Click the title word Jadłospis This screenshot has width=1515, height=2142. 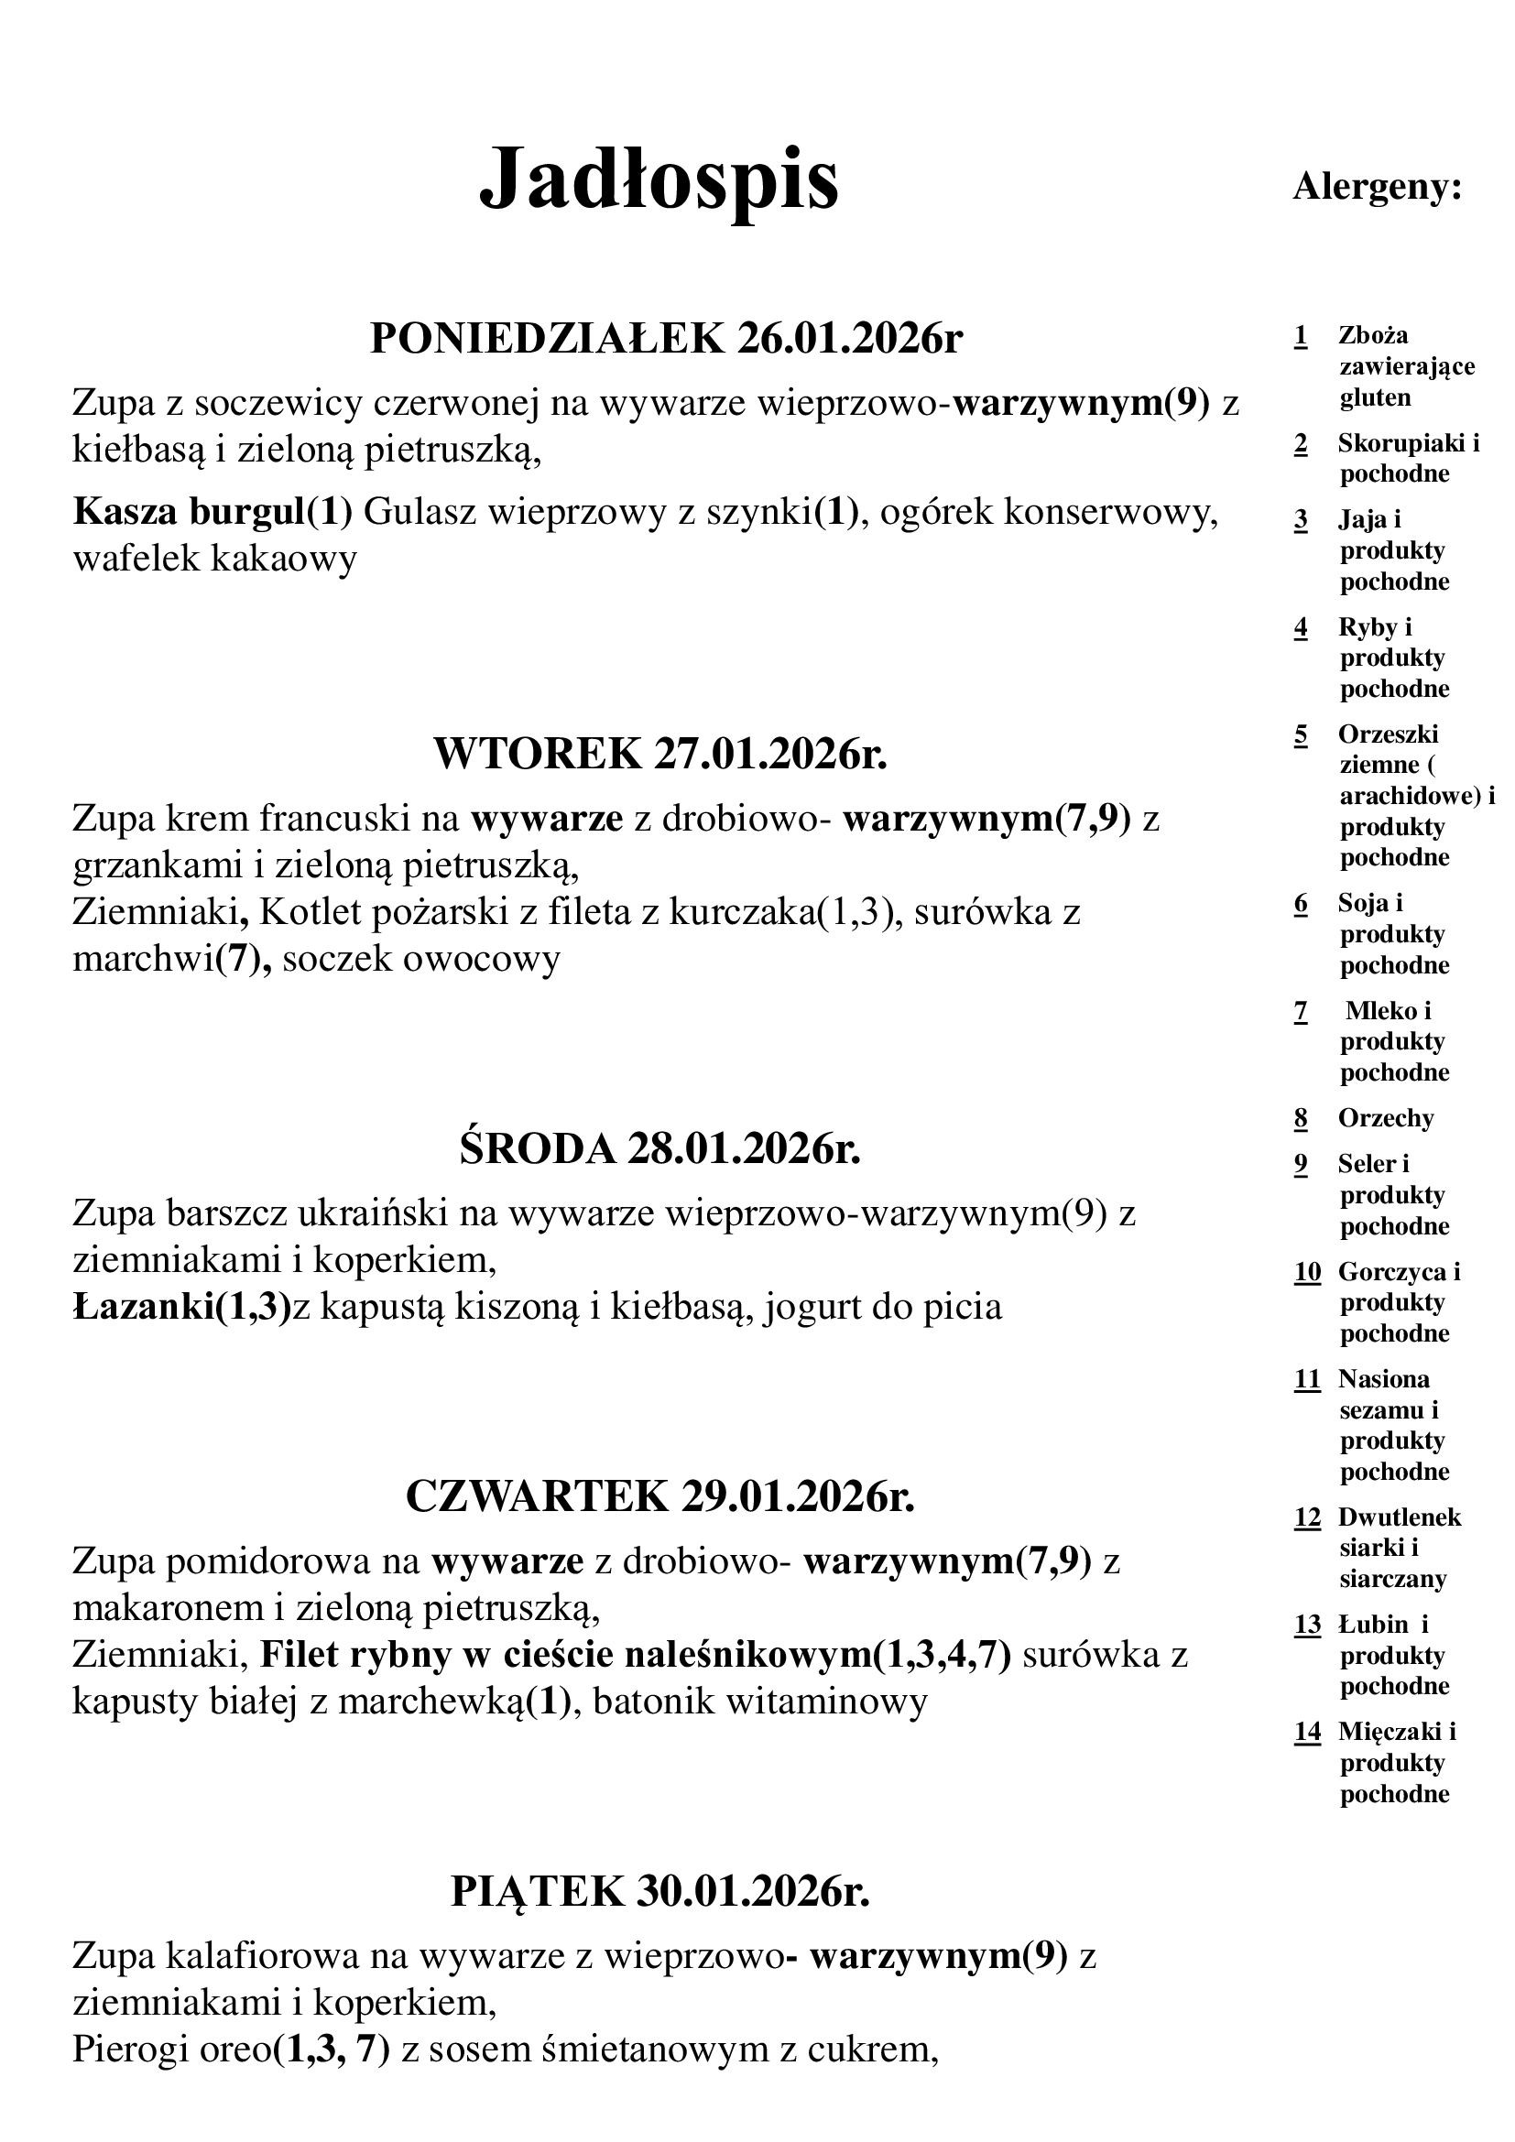click(659, 179)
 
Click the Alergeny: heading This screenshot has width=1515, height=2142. click(1377, 189)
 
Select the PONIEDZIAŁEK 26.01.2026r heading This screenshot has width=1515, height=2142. click(665, 338)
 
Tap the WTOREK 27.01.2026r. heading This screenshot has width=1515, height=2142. click(660, 754)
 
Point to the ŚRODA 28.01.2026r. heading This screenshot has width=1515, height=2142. click(659, 1149)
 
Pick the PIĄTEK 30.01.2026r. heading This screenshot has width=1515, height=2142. click(660, 1892)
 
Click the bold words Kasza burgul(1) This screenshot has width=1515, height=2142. click(213, 512)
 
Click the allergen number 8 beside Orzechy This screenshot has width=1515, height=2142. click(1302, 1118)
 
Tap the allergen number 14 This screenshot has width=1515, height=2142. click(1308, 1733)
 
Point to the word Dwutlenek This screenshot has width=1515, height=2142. click(1400, 1517)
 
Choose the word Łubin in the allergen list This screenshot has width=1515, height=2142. click(1373, 1625)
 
